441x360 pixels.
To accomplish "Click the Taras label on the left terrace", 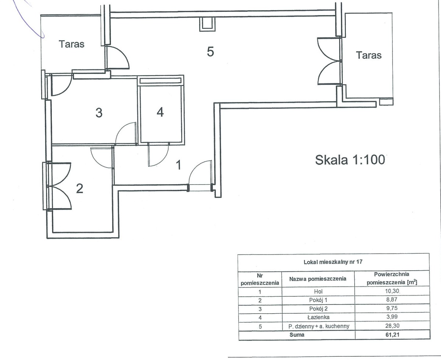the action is (x=72, y=44).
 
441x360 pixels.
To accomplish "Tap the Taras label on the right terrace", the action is (x=369, y=55).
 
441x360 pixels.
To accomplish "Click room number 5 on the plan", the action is (x=210, y=52).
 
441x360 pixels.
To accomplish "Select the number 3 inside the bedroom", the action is (x=99, y=113).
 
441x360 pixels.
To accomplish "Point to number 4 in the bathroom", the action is (x=160, y=112).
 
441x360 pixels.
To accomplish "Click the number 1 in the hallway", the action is (x=178, y=165).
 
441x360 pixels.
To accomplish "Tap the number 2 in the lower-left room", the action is (x=79, y=189).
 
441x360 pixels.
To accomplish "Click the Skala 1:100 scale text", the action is (x=350, y=160).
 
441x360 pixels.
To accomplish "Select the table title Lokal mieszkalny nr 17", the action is (x=333, y=262).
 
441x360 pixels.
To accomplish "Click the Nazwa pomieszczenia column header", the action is (x=318, y=279).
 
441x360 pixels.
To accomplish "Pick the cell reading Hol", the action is (x=318, y=291).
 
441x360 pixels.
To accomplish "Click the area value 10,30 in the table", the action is (x=392, y=291).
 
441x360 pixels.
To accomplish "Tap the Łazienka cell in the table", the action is (x=319, y=317).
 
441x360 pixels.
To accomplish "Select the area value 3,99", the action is (x=392, y=317).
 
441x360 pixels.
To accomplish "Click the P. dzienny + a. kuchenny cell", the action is (x=319, y=326).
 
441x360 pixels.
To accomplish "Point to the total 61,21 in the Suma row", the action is (x=392, y=335).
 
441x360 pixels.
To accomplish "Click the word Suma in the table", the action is (x=297, y=335).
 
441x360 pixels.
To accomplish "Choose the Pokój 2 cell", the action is (x=319, y=309).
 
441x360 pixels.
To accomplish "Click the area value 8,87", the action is (x=392, y=299).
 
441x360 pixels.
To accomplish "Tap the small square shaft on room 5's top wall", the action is (x=207, y=24).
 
